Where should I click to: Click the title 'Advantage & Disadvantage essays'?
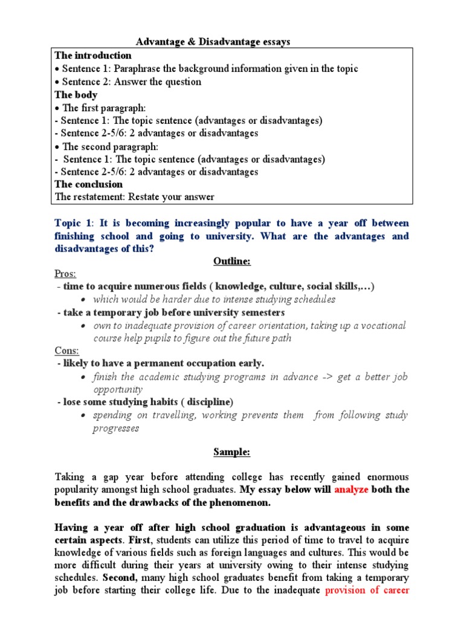click(x=213, y=42)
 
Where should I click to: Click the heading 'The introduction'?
click(x=93, y=56)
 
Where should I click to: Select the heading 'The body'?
click(x=76, y=95)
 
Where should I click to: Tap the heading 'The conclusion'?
click(x=89, y=184)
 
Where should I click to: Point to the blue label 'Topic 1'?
click(x=75, y=224)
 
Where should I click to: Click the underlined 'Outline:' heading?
click(x=232, y=261)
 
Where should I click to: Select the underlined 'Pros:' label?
click(x=65, y=274)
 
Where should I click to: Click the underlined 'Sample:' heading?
click(x=232, y=452)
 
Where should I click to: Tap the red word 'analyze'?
click(x=351, y=490)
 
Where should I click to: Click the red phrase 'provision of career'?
click(x=367, y=591)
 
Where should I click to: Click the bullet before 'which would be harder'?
click(x=83, y=300)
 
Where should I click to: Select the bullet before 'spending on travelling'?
click(x=83, y=416)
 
